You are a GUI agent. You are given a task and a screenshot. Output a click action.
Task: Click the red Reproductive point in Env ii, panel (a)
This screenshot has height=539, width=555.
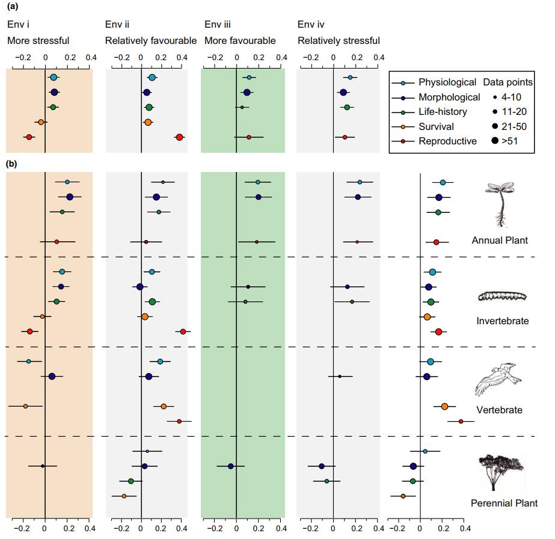(179, 137)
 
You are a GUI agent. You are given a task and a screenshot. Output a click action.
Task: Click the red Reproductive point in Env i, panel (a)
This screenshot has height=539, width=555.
(29, 137)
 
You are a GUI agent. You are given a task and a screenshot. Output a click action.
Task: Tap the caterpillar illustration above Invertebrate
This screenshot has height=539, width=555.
(502, 296)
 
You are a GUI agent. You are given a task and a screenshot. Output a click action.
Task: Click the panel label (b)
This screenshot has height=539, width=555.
(11, 162)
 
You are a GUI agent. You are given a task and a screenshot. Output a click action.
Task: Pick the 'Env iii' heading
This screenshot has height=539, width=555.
(218, 25)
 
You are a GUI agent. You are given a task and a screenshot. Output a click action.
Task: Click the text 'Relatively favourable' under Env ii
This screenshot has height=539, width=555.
(150, 41)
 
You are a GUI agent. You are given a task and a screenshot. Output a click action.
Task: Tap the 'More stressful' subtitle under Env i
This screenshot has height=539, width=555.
(38, 41)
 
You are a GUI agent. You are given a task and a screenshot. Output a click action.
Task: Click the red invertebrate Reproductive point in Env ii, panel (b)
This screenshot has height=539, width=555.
(183, 331)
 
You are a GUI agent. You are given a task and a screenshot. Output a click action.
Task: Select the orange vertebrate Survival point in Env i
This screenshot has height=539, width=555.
(25, 406)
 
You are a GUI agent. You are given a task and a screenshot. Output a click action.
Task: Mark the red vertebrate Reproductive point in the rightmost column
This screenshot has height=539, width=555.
(461, 421)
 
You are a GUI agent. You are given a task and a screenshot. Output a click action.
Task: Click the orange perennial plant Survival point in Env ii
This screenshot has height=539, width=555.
(124, 496)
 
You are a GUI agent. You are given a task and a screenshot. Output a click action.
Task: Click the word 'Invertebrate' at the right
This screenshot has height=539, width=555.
(503, 321)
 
